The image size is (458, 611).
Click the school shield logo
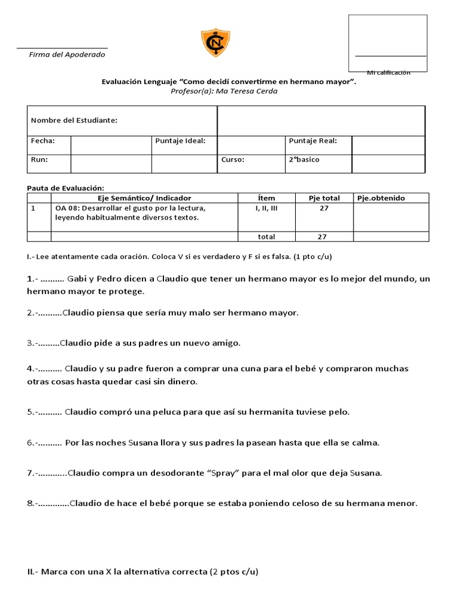[x=215, y=44]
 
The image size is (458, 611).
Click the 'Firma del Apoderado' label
[x=67, y=54]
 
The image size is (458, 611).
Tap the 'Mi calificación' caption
[x=388, y=72]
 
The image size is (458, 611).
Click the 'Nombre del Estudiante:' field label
[x=74, y=121]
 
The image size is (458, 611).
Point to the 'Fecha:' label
[x=43, y=141]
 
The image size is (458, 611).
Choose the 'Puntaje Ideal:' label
[x=180, y=141]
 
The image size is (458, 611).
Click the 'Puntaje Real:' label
[x=313, y=141]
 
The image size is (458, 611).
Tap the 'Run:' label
[x=39, y=160]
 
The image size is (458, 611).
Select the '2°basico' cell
[x=304, y=160]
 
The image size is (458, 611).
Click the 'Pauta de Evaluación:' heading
[x=66, y=188]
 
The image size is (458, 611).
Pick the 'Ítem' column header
[x=267, y=198]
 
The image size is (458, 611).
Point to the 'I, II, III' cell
[x=266, y=208]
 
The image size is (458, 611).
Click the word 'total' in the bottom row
[x=266, y=236]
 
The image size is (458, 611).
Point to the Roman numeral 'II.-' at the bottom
[x=33, y=571]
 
